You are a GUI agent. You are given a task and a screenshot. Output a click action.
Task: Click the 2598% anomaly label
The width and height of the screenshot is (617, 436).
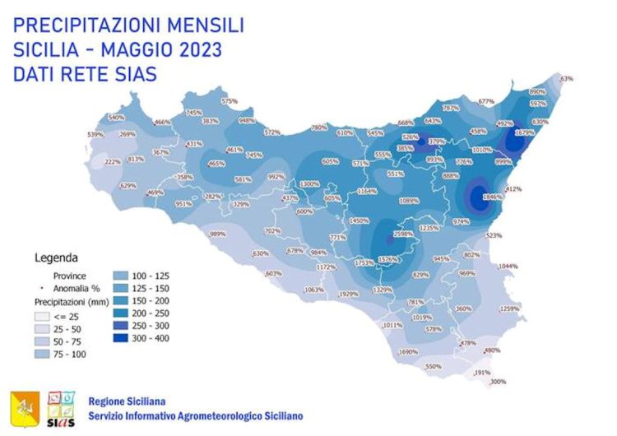click(x=403, y=234)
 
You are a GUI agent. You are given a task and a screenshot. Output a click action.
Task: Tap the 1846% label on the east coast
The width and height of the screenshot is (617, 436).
click(x=492, y=197)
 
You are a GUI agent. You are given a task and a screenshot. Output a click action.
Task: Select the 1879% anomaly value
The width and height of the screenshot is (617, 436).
click(x=524, y=132)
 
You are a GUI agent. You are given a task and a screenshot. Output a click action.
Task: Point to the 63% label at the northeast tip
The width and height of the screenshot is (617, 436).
click(x=566, y=78)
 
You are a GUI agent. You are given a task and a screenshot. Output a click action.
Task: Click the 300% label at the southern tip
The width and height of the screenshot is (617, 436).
click(x=498, y=382)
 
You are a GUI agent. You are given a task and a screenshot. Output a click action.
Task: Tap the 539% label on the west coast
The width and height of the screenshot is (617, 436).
click(x=95, y=135)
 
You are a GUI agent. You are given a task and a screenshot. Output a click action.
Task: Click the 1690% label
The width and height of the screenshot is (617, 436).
click(x=408, y=352)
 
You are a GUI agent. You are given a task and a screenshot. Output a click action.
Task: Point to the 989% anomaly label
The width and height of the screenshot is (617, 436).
click(x=218, y=234)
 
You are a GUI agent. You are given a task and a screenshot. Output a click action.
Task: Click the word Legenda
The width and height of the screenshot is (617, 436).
click(x=55, y=257)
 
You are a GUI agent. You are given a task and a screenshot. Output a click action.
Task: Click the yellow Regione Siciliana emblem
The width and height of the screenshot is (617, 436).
click(x=23, y=405)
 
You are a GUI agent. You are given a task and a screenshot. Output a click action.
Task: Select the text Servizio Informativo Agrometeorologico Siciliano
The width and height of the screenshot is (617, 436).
click(x=195, y=416)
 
